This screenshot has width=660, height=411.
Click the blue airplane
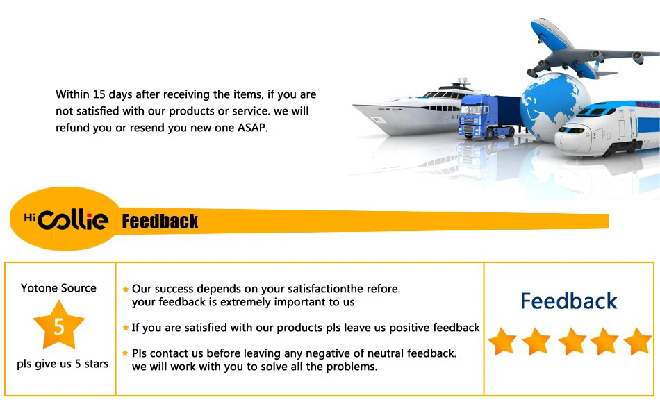pyautogui.click(x=589, y=53)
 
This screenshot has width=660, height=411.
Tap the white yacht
pyautogui.click(x=417, y=110)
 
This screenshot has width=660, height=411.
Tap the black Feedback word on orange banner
pyautogui.click(x=160, y=221)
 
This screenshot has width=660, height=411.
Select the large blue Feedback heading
pyautogui.click(x=569, y=301)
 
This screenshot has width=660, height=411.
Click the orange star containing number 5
pyautogui.click(x=59, y=325)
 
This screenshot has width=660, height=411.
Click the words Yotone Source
pyautogui.click(x=58, y=287)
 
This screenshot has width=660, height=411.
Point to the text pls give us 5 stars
pyautogui.click(x=63, y=364)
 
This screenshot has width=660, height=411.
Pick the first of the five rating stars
pyautogui.click(x=502, y=341)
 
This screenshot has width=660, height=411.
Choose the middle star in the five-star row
pyautogui.click(x=572, y=341)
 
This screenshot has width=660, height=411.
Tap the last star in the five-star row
pyautogui.click(x=638, y=341)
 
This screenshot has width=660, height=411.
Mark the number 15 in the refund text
pyautogui.click(x=99, y=94)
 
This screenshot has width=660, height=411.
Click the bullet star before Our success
pyautogui.click(x=126, y=289)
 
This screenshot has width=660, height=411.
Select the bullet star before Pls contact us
pyautogui.click(x=125, y=353)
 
